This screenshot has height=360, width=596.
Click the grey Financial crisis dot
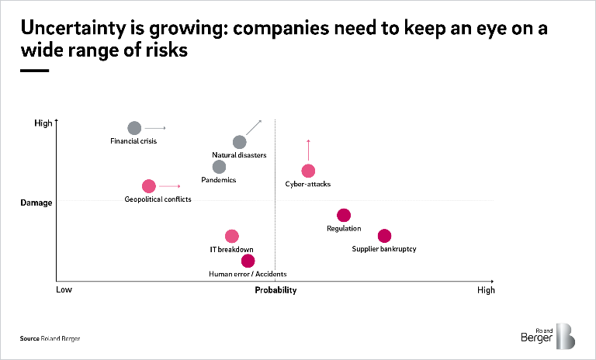[134, 128]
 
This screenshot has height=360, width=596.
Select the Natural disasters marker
[239, 142]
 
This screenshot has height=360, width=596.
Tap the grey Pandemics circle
[219, 167]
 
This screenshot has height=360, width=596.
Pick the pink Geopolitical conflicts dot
[148, 186]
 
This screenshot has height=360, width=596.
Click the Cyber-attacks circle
[308, 171]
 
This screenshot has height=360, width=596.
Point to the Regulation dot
[344, 215]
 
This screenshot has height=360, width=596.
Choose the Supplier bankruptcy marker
[384, 236]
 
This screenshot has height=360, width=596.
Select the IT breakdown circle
[231, 236]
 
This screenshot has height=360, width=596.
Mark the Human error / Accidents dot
[248, 261]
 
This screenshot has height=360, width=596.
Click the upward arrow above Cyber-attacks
[308, 149]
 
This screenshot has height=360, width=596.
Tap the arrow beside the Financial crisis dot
[156, 128]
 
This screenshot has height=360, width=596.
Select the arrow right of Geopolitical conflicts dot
[170, 186]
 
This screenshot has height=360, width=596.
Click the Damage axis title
[36, 202]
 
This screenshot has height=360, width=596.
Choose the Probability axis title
[276, 290]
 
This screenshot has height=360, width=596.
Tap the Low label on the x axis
[64, 290]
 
